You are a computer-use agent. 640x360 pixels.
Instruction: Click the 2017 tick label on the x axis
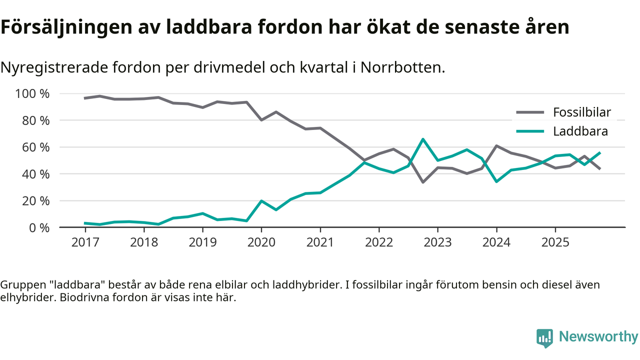click(x=85, y=242)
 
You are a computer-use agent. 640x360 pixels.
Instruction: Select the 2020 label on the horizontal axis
click(x=261, y=242)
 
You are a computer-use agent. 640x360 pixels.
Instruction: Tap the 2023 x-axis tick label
click(x=437, y=242)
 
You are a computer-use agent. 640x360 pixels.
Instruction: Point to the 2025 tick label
click(x=555, y=242)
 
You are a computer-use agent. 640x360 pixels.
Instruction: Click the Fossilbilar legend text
click(x=581, y=112)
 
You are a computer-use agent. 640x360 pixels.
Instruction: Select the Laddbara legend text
click(x=580, y=131)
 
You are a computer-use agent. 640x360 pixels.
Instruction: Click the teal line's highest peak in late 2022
click(x=423, y=139)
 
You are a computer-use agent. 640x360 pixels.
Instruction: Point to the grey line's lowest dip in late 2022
click(x=423, y=182)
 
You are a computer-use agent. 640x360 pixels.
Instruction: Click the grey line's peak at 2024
click(x=496, y=146)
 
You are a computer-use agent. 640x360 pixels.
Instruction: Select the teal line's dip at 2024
click(x=496, y=181)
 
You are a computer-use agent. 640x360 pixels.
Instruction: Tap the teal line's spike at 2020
click(x=261, y=201)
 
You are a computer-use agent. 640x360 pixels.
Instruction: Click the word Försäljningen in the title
click(x=64, y=27)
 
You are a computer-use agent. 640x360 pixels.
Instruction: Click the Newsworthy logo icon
click(x=544, y=337)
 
